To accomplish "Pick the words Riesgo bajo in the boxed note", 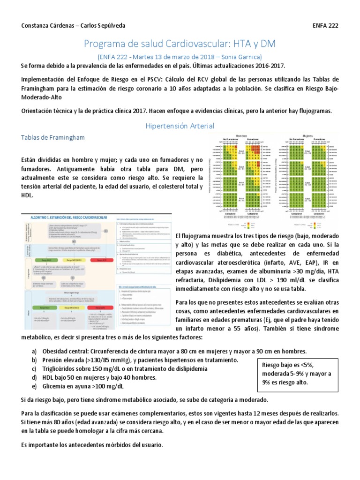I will click(x=279, y=365).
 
